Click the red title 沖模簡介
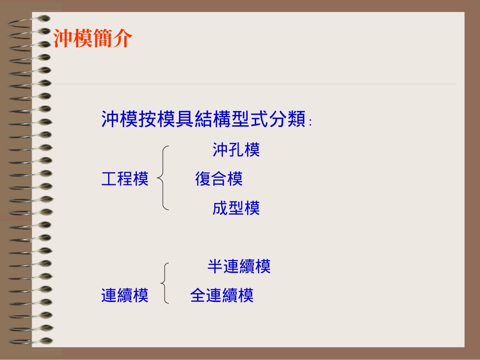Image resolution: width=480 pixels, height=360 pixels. point(93,38)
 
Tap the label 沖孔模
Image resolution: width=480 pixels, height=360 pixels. point(236,149)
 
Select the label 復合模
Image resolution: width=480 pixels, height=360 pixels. point(219,178)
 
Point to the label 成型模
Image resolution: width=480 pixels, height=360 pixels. point(236,208)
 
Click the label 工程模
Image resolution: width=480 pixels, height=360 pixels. point(125,178)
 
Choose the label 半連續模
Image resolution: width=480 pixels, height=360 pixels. point(239,266)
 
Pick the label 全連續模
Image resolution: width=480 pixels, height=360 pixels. point(222,295)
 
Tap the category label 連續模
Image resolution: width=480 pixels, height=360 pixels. point(125,295)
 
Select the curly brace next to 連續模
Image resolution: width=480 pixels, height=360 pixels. point(165,282)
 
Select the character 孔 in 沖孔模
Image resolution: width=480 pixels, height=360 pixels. point(236,149)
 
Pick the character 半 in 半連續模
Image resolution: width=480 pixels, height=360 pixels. point(215,266)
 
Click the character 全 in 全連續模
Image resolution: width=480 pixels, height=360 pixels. point(198,295)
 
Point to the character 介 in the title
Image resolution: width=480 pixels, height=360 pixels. point(123,38)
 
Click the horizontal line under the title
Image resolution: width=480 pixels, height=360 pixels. point(253,84)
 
